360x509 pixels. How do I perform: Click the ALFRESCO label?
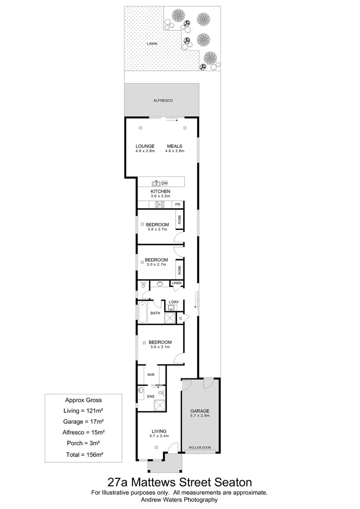(x=161, y=100)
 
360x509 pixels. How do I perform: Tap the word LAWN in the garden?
(x=151, y=43)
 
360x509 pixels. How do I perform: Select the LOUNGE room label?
(x=145, y=146)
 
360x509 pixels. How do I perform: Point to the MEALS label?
(x=174, y=146)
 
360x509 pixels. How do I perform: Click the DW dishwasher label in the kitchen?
(x=164, y=183)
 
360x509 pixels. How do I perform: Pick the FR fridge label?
(x=178, y=205)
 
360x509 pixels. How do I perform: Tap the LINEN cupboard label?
(x=176, y=283)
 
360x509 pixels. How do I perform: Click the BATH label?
(x=155, y=313)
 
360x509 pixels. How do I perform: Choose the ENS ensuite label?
(x=151, y=397)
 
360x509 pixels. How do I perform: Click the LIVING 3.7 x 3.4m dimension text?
(x=159, y=436)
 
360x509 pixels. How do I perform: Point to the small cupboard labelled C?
(x=180, y=319)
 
